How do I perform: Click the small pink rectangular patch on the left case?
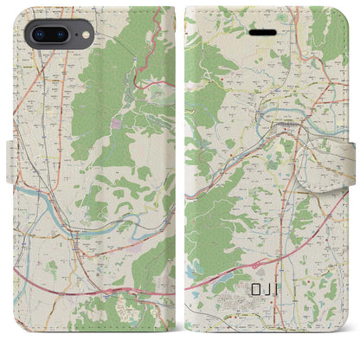[117, 128]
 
